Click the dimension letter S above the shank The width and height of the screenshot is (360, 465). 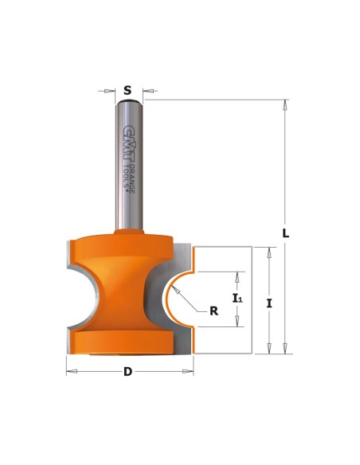click(x=127, y=90)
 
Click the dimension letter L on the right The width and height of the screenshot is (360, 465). click(x=285, y=233)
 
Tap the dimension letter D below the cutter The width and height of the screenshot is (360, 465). click(x=127, y=371)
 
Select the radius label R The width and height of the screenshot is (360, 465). click(x=213, y=311)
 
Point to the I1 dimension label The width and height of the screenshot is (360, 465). click(x=237, y=298)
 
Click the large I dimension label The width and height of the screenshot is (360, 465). click(x=269, y=303)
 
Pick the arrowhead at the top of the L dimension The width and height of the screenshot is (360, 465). click(x=285, y=105)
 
